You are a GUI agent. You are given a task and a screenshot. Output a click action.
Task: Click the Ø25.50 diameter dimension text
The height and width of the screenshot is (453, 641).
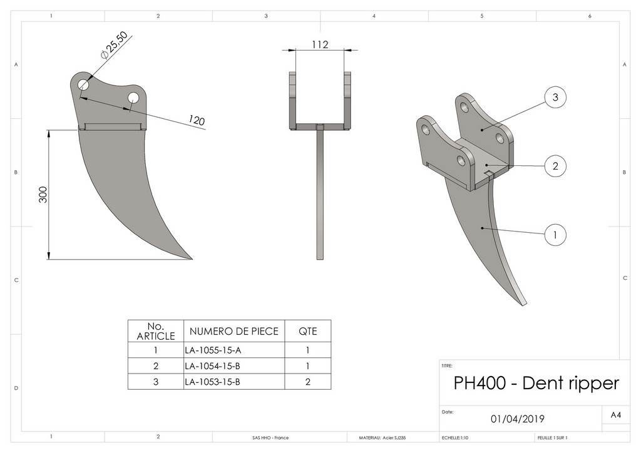(113, 45)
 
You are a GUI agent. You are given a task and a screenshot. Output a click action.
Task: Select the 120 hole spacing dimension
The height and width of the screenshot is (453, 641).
(197, 120)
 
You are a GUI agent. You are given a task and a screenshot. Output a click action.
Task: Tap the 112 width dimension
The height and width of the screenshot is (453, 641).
(320, 44)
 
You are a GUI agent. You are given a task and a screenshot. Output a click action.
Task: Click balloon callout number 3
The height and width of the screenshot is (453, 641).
(555, 97)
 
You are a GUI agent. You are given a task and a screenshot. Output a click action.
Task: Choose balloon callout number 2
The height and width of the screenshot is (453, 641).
(555, 166)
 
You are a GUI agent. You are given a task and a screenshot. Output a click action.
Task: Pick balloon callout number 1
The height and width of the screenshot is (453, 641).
(555, 235)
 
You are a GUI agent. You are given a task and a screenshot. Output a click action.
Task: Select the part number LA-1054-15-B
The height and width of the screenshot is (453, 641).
(213, 365)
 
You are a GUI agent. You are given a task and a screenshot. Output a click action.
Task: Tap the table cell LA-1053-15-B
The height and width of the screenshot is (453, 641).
(213, 381)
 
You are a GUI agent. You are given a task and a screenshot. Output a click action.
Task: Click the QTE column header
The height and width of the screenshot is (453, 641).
(307, 331)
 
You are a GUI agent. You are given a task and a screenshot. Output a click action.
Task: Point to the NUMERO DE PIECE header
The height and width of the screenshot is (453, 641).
(233, 331)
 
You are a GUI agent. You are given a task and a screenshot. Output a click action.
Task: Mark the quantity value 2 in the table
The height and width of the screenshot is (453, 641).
(307, 381)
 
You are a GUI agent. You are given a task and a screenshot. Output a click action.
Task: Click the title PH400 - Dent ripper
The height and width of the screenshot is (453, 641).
(536, 383)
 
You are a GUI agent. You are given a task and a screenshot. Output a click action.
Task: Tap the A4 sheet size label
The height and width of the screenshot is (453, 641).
(616, 415)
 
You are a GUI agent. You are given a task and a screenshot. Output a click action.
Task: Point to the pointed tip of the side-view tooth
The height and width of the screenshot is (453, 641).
(191, 258)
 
